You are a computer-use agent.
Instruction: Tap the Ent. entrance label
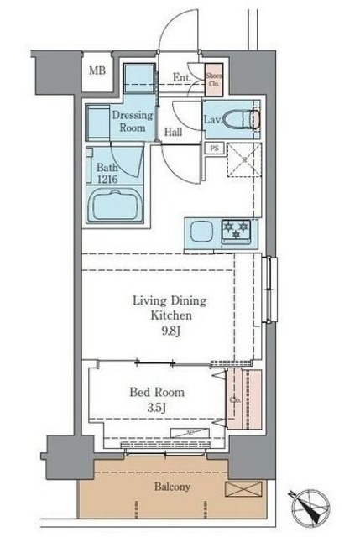181,79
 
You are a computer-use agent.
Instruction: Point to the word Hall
174,132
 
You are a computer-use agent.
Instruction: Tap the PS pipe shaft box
214,149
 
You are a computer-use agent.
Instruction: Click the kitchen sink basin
202,232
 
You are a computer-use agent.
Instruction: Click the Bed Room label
157,392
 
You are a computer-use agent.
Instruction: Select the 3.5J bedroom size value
157,408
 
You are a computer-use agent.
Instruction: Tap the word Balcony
172,487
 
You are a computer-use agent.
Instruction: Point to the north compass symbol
312,508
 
